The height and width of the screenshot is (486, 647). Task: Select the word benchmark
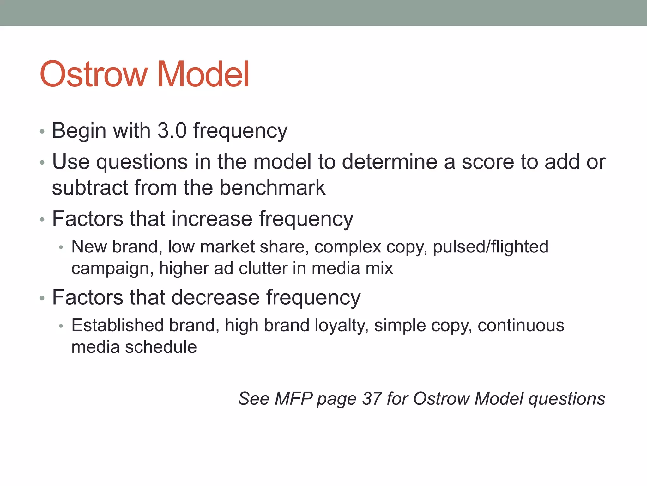click(272, 187)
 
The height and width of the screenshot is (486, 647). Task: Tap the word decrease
click(215, 297)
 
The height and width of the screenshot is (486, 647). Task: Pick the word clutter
click(263, 268)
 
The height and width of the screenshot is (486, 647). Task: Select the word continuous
click(521, 325)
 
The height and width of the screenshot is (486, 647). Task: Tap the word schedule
click(161, 347)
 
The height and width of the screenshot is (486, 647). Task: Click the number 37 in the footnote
click(372, 398)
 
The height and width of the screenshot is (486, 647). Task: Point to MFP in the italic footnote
click(293, 398)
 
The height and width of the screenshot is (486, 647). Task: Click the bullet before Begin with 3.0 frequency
click(42, 131)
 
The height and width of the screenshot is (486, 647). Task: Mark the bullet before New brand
click(61, 247)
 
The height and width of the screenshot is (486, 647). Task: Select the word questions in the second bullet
click(142, 162)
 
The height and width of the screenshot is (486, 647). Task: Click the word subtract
click(90, 187)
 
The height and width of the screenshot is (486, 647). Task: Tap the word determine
click(390, 162)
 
